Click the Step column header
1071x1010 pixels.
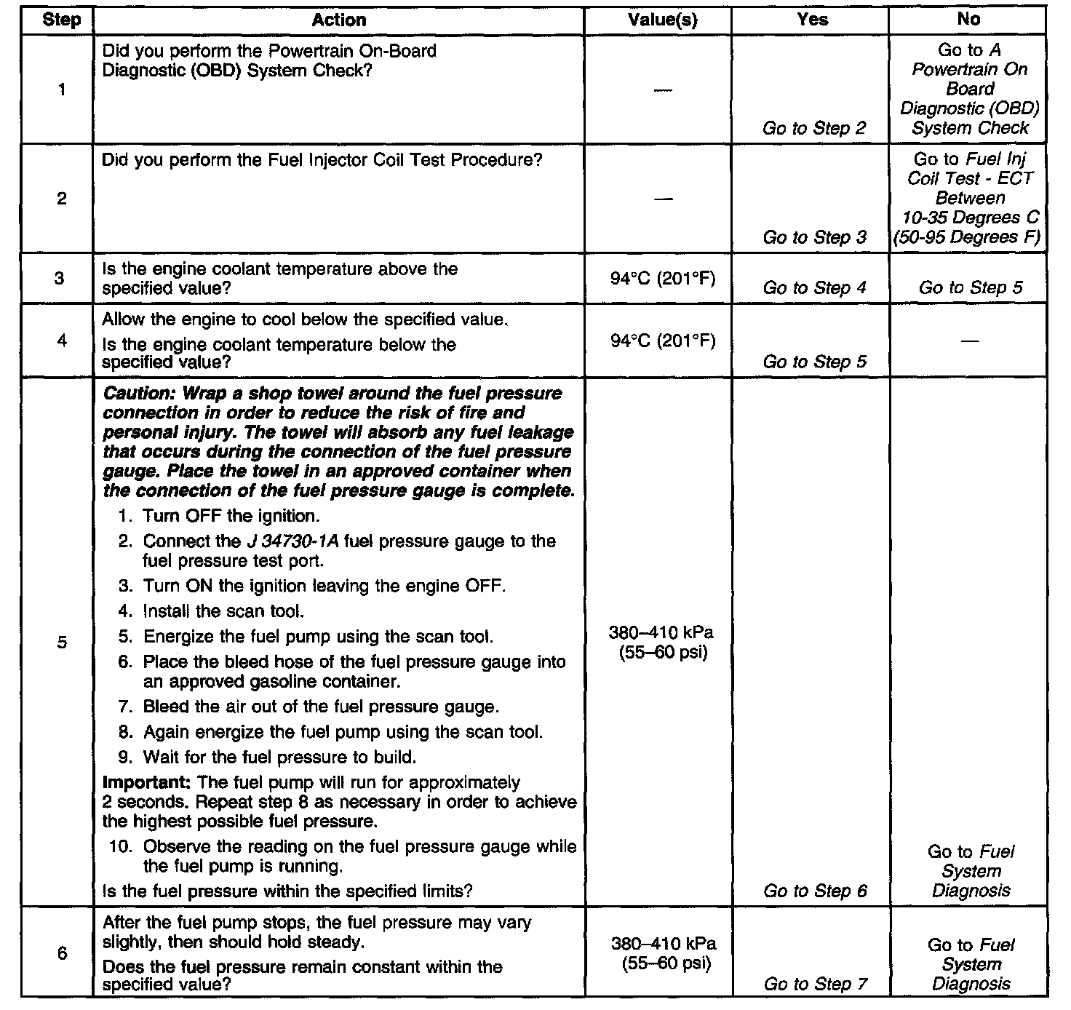pyautogui.click(x=61, y=20)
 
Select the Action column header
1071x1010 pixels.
pyautogui.click(x=338, y=20)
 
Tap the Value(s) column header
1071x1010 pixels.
pyautogui.click(x=662, y=20)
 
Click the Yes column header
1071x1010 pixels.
pyautogui.click(x=812, y=20)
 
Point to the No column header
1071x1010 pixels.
pyautogui.click(x=968, y=20)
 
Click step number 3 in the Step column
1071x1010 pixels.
pyautogui.click(x=61, y=278)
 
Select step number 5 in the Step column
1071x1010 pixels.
pyautogui.click(x=61, y=642)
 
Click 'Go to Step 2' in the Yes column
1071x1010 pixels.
pyautogui.click(x=814, y=129)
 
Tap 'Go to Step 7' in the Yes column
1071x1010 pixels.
pyautogui.click(x=815, y=985)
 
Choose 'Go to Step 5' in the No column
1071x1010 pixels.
pyautogui.click(x=971, y=287)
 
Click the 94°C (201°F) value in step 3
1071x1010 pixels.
pyautogui.click(x=663, y=279)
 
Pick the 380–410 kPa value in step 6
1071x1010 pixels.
pyautogui.click(x=663, y=944)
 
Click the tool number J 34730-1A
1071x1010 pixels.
pyautogui.click(x=289, y=541)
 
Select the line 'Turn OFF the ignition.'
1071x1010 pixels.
pyautogui.click(x=231, y=517)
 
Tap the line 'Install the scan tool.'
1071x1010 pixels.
pyautogui.click(x=223, y=611)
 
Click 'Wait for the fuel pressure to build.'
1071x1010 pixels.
pyautogui.click(x=279, y=757)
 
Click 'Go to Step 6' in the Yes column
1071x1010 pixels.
pyautogui.click(x=815, y=891)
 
